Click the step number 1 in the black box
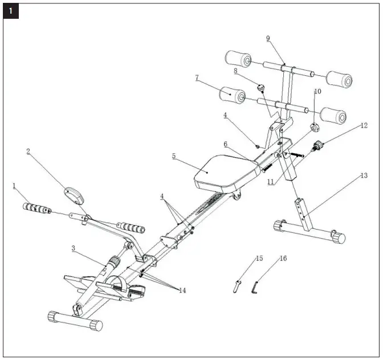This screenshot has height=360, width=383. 11,11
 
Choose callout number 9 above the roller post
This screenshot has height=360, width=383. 268,39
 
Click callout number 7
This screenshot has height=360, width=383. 197,77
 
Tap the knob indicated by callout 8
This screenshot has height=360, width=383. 261,88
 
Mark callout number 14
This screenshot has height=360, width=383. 182,291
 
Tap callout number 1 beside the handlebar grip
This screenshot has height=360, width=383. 15,185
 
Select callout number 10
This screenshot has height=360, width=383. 317,91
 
